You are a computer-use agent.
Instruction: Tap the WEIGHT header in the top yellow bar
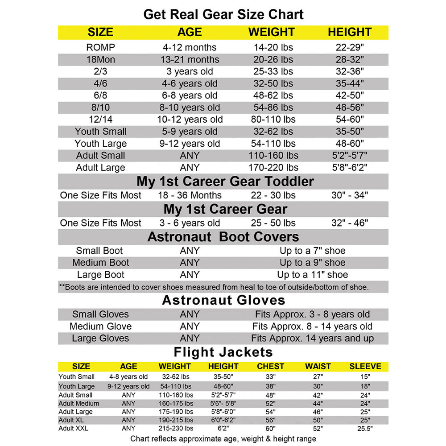click(271, 32)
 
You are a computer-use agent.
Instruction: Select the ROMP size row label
click(101, 47)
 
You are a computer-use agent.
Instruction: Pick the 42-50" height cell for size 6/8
click(350, 95)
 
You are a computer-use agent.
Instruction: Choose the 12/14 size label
click(101, 120)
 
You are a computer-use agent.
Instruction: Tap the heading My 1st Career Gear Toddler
click(225, 182)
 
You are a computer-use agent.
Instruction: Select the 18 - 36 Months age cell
click(190, 195)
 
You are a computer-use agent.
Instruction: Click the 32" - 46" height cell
click(350, 223)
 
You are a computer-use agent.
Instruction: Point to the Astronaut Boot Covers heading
click(223, 237)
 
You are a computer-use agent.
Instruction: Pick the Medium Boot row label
click(101, 263)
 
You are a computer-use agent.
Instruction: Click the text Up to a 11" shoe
click(312, 275)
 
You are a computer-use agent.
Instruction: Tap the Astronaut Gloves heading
click(223, 300)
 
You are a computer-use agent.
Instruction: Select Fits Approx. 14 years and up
click(312, 339)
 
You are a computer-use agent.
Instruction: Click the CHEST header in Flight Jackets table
click(270, 367)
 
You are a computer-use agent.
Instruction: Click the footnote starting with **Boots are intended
click(214, 287)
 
